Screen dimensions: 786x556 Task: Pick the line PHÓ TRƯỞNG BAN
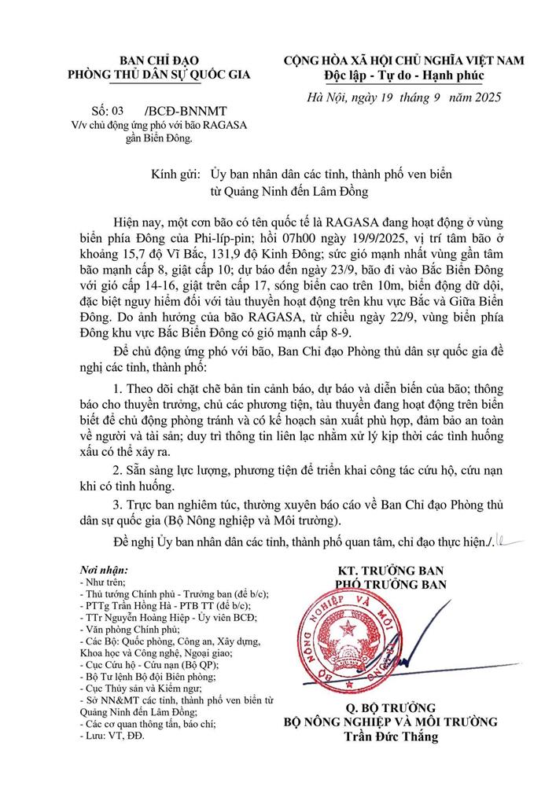[390, 584]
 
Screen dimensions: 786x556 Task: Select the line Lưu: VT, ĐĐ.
[112, 736]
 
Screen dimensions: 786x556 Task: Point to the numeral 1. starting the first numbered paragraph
[118, 410]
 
